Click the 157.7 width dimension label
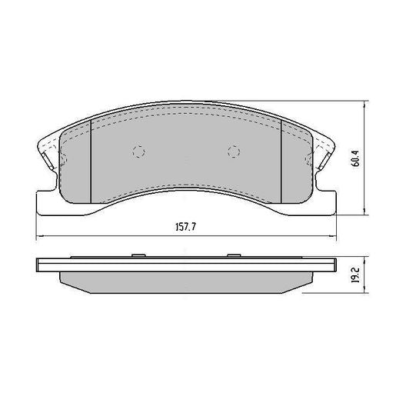[183, 228]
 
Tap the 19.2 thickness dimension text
[354, 275]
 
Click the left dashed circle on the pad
[139, 151]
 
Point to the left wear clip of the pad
[48, 158]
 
